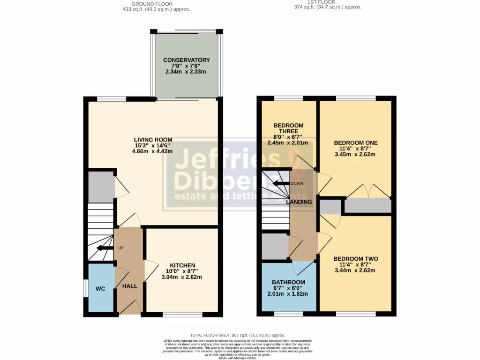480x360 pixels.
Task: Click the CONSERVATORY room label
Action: pos(186,60)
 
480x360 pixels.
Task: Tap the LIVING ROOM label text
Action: pos(153,140)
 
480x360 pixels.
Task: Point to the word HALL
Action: pos(130,286)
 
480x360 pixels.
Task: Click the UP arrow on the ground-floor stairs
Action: pos(104,248)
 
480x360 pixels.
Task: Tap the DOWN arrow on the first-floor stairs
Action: pos(282,183)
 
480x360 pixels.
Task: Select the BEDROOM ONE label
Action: pos(355,142)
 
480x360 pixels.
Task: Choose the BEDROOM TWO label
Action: pos(355,259)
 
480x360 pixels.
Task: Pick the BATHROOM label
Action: pos(288,282)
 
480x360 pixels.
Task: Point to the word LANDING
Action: pos(299,202)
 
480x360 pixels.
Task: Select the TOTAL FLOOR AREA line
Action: pos(238,335)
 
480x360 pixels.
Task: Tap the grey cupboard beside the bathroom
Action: pos(275,246)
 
